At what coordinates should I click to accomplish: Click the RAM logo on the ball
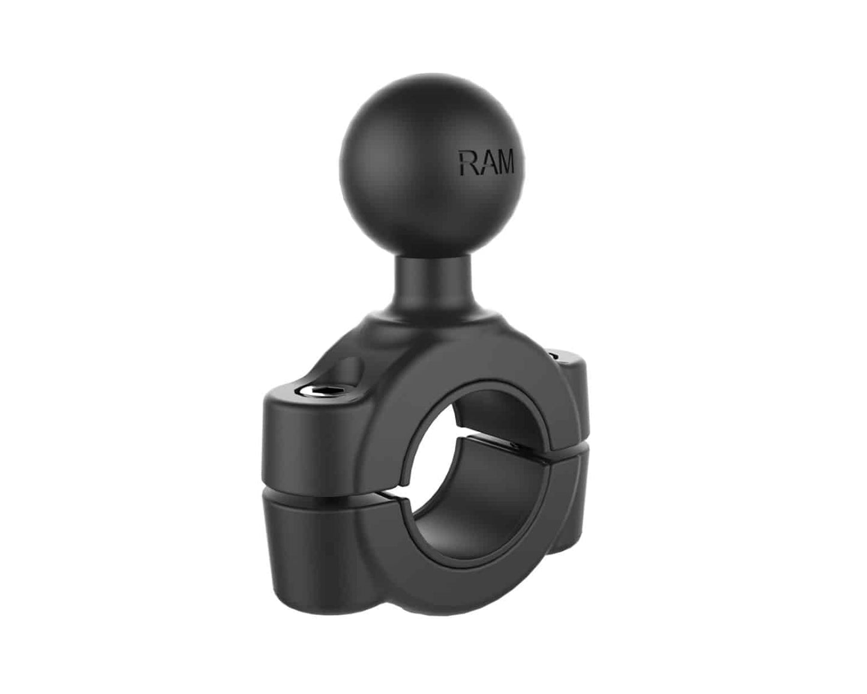(x=487, y=162)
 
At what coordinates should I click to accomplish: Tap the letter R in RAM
(x=467, y=162)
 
